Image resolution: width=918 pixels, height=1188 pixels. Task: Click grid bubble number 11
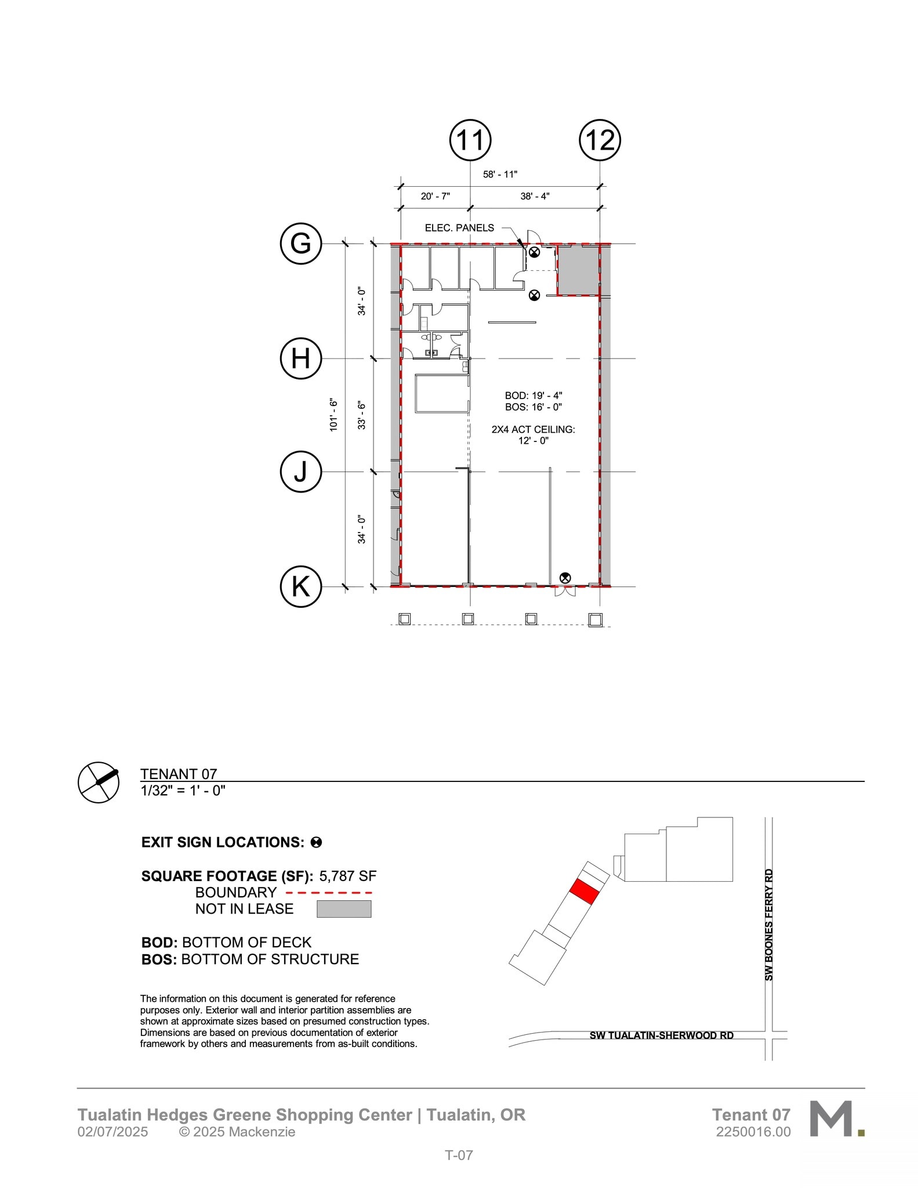[470, 140]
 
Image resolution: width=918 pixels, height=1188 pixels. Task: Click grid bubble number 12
[600, 140]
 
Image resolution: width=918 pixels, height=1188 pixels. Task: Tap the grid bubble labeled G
[300, 244]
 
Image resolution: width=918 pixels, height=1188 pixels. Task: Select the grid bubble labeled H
[300, 358]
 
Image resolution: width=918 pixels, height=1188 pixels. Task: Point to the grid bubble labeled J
[300, 472]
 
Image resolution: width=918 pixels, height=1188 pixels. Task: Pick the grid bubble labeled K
[300, 586]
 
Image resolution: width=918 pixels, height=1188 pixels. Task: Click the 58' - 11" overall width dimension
[500, 174]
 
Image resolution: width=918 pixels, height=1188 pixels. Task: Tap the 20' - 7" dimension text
[435, 196]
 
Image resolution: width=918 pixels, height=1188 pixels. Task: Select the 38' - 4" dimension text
[535, 196]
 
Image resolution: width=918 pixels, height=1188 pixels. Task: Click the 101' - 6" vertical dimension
[333, 414]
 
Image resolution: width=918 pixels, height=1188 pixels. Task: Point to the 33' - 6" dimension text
[362, 415]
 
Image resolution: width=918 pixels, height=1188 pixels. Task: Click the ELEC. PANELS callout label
[459, 228]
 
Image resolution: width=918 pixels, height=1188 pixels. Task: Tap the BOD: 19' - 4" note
[533, 396]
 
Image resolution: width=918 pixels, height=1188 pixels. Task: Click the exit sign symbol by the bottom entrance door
[565, 578]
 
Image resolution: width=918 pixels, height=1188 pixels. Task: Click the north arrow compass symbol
[99, 782]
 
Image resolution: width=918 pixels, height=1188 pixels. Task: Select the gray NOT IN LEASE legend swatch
[344, 909]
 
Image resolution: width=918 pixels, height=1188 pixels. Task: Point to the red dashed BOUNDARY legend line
[329, 893]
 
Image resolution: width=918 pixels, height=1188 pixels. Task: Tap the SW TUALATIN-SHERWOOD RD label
[661, 1035]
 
